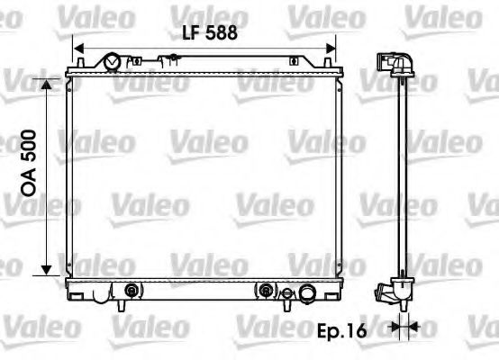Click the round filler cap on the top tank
112,62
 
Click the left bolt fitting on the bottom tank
132,291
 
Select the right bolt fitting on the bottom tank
268,291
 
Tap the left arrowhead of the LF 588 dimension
77,49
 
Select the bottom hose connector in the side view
390,292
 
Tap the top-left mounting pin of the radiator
80,62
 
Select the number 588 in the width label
221,32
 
